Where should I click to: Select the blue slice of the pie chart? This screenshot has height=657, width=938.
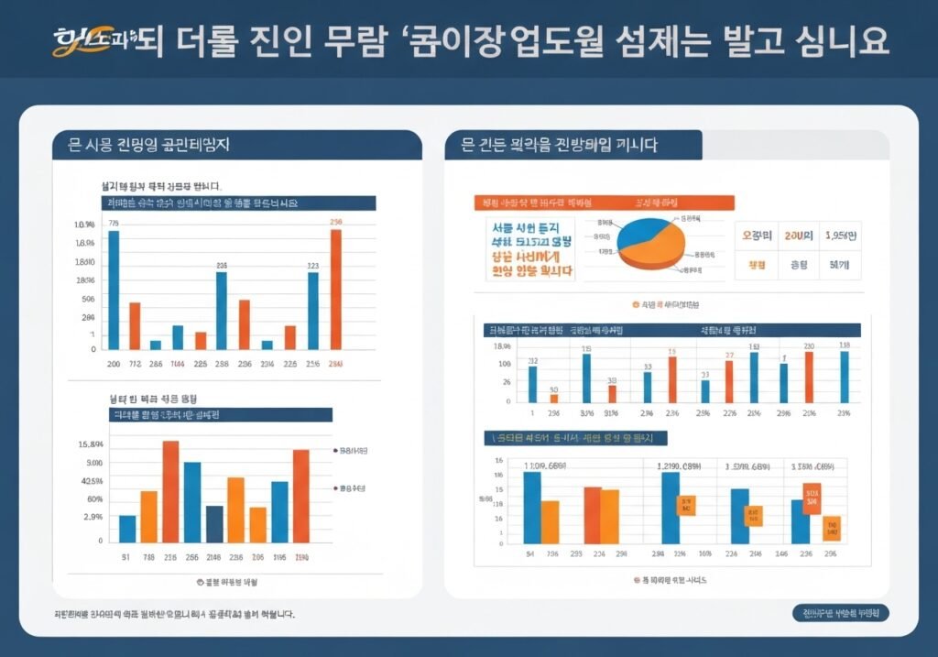646,230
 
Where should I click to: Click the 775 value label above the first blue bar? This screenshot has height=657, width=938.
114,223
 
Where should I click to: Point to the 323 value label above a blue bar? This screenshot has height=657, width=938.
312,266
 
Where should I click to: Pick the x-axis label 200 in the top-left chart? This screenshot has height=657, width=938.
114,364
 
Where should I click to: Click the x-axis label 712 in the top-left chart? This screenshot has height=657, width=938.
135,364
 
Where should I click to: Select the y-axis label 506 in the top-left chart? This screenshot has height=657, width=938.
88,299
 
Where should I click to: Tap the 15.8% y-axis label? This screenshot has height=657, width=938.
91,444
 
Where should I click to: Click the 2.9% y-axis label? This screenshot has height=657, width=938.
93,517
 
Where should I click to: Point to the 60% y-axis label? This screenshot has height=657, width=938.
95,498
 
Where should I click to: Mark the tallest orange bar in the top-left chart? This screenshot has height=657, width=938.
335,289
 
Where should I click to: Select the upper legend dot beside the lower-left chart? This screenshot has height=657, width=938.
335,451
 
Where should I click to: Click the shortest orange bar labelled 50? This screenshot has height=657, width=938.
553,398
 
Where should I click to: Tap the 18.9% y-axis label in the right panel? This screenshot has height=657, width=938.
502,345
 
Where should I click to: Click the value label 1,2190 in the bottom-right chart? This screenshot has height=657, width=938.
676,465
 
